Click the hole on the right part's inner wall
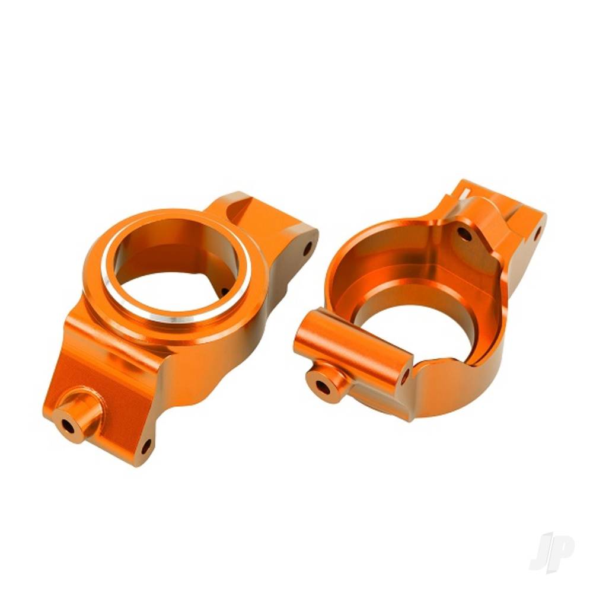point(464,234)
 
